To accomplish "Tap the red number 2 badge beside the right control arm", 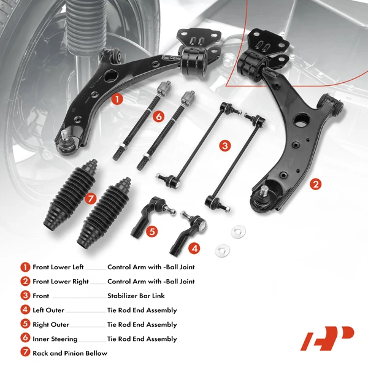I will [x=316, y=183].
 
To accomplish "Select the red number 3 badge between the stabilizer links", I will [x=226, y=145].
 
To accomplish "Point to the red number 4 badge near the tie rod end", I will [x=194, y=248].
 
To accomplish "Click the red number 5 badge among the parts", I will [x=151, y=231].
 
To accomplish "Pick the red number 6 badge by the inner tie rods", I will [x=158, y=115].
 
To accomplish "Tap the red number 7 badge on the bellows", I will [x=91, y=197].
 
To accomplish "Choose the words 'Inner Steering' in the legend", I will [x=55, y=339].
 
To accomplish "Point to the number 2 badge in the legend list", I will [x=25, y=282].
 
